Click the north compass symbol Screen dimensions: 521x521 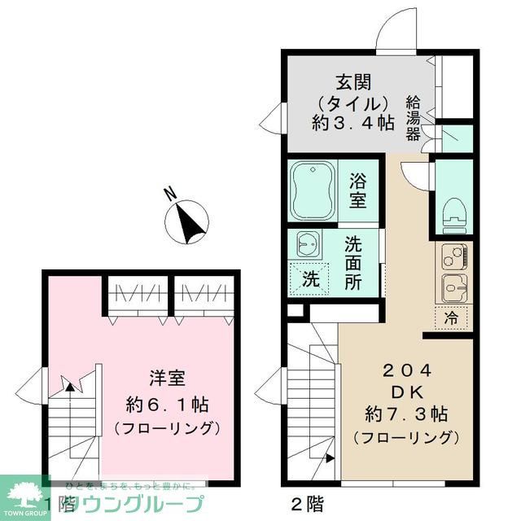[188, 220]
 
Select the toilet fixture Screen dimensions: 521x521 [453, 213]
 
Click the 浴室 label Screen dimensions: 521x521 [358, 190]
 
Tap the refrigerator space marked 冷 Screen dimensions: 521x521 [452, 318]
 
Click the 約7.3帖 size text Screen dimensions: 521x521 [405, 412]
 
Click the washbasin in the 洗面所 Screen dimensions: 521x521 [307, 243]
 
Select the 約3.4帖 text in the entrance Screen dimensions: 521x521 [353, 124]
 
